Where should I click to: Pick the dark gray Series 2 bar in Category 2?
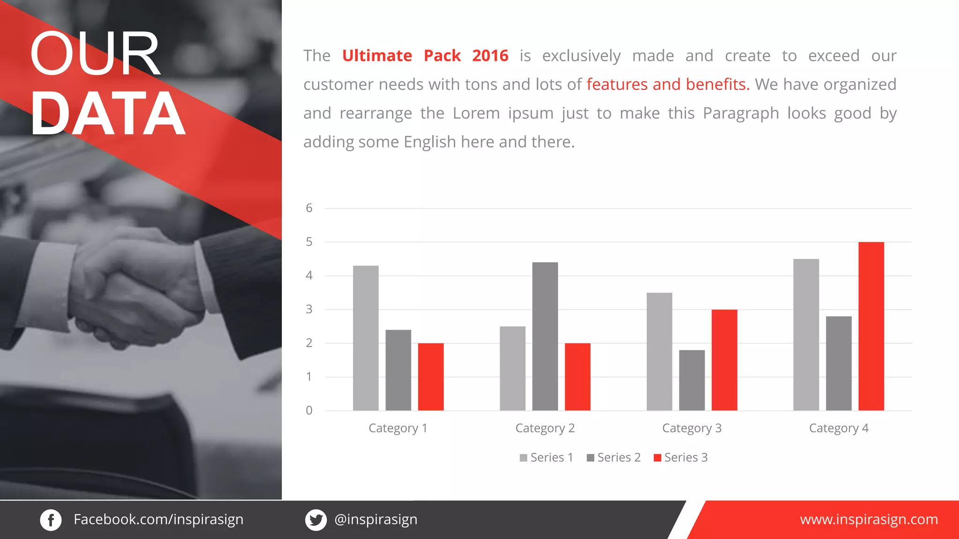click(x=545, y=336)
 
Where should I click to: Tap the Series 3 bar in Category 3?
click(x=724, y=360)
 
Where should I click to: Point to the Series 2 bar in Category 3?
click(x=692, y=380)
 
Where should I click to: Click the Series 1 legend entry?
click(x=546, y=458)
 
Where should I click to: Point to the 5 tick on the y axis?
click(x=309, y=242)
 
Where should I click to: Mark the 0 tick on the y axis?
click(x=309, y=411)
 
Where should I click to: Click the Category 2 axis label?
click(x=545, y=428)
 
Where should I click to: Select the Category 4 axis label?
click(x=839, y=428)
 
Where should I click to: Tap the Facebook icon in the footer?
click(x=51, y=520)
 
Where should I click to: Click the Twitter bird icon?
click(x=316, y=520)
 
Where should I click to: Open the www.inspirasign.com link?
click(x=869, y=519)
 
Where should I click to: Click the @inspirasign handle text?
click(x=376, y=519)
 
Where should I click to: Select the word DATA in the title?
click(x=108, y=114)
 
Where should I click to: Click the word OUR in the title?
click(x=95, y=53)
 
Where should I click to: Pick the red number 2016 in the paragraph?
click(x=490, y=56)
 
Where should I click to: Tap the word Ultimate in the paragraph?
click(x=377, y=56)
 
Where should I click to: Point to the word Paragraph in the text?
click(x=741, y=114)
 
